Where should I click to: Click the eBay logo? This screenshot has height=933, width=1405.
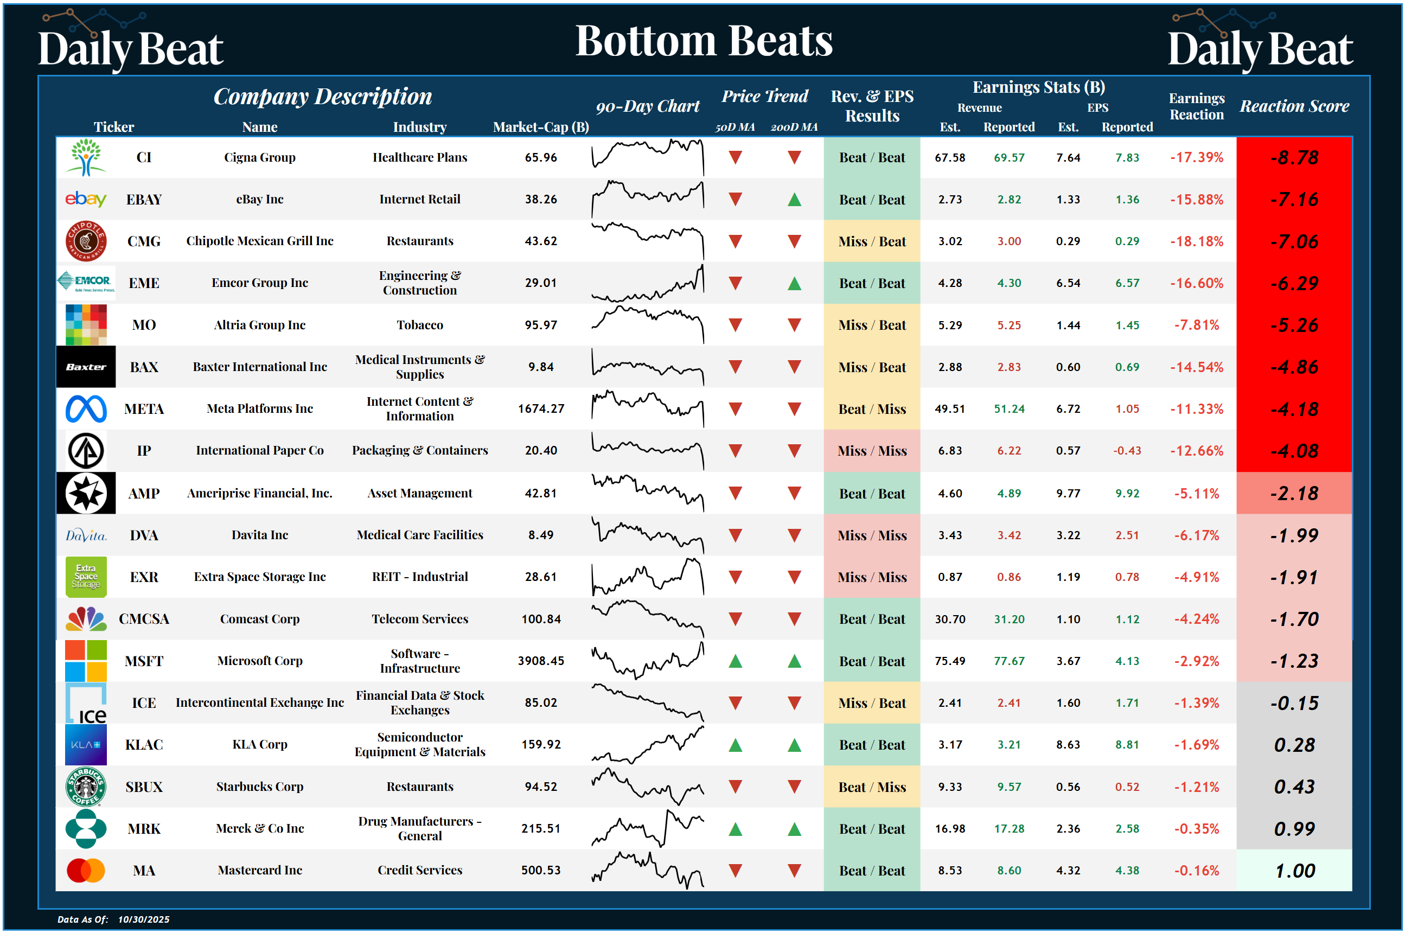click(86, 199)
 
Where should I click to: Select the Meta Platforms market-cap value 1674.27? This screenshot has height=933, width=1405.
click(540, 409)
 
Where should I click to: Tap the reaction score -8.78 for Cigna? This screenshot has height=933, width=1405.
click(1294, 158)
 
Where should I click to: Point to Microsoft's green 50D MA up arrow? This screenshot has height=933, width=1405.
click(735, 661)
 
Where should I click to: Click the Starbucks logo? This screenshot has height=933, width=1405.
click(86, 787)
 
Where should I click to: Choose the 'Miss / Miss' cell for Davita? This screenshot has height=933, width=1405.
click(872, 535)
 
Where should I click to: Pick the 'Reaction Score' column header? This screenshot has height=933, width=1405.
click(1294, 106)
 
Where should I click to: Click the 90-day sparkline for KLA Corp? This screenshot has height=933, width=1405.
click(648, 745)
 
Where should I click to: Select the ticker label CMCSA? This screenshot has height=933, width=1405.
click(144, 619)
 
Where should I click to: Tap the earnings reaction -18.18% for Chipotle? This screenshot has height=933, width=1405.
click(1196, 241)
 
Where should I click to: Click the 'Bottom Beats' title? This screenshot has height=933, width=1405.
click(704, 41)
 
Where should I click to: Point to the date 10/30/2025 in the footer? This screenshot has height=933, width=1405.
click(143, 919)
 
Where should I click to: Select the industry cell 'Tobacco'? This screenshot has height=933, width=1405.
click(419, 325)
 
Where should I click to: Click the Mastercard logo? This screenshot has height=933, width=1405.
click(86, 871)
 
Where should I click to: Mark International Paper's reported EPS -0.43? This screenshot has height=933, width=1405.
click(1127, 450)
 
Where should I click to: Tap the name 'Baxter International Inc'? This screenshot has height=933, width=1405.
click(259, 367)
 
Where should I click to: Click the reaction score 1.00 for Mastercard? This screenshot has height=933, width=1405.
click(1294, 871)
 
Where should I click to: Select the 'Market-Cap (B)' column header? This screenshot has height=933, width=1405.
click(540, 127)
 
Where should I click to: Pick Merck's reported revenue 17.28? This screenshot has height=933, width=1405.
click(1008, 829)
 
